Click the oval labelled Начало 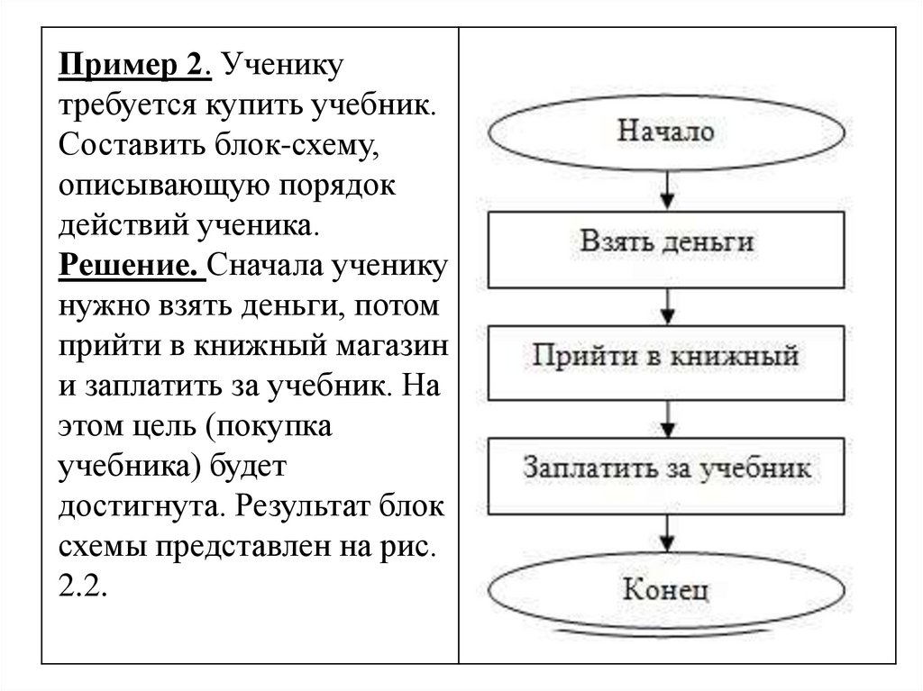[666, 132]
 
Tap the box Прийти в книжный [666, 356]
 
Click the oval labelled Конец [666, 590]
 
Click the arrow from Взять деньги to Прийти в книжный [666, 304]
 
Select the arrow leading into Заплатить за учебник [666, 416]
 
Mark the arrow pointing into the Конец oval [666, 534]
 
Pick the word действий [122, 225]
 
